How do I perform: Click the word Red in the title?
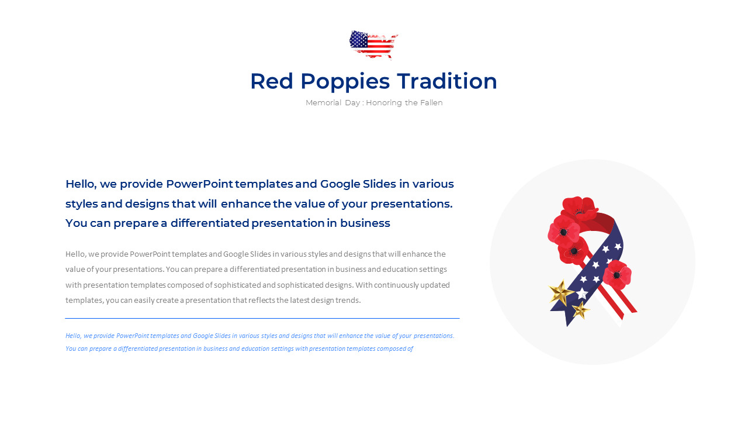click(272, 81)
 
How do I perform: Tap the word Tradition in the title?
click(447, 81)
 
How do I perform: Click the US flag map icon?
click(374, 44)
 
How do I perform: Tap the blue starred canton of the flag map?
click(359, 39)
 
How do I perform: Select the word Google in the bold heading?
click(340, 184)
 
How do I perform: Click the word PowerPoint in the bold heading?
click(200, 184)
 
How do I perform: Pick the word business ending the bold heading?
click(365, 223)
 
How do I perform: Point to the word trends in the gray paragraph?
click(348, 301)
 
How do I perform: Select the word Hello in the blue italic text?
click(73, 336)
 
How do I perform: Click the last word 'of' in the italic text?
click(410, 349)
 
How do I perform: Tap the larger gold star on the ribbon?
click(561, 292)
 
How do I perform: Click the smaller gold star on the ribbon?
click(580, 310)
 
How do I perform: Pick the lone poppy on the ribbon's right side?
click(617, 275)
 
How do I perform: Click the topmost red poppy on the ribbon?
click(579, 209)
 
